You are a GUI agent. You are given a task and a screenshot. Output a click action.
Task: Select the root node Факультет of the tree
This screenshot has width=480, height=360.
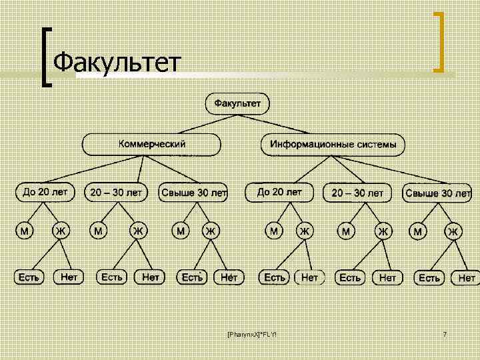241,104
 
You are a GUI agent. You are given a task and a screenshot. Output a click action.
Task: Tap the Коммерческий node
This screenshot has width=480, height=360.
151,144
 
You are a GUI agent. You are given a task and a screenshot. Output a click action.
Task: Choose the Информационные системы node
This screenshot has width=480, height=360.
333,144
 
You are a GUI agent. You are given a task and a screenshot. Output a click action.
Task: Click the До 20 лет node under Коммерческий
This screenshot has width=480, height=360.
45,192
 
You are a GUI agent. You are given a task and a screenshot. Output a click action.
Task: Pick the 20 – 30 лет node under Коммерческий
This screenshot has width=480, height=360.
116,192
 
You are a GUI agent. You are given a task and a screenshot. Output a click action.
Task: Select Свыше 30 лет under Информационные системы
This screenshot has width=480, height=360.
437,193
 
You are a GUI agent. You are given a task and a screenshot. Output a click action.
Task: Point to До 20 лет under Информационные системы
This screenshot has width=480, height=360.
279,192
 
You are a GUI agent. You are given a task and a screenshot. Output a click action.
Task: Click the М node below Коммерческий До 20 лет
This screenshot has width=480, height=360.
25,231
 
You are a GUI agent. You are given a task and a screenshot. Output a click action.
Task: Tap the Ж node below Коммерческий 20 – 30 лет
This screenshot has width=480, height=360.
138,231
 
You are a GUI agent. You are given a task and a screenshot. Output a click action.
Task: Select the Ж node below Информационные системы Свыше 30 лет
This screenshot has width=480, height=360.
453,231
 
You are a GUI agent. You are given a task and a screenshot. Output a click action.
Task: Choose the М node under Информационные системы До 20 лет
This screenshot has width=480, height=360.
274,231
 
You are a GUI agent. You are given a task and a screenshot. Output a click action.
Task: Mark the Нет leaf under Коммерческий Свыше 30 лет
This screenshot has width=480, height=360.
229,276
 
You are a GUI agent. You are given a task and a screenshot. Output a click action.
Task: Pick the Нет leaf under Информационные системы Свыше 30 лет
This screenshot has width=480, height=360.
466,277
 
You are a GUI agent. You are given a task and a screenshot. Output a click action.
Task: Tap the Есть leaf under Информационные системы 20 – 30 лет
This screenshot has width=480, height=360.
350,277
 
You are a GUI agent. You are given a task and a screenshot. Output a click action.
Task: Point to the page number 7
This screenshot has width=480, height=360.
444,333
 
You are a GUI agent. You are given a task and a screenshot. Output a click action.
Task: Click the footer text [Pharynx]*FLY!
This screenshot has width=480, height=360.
251,333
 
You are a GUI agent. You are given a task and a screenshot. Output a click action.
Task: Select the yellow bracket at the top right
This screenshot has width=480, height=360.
439,41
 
